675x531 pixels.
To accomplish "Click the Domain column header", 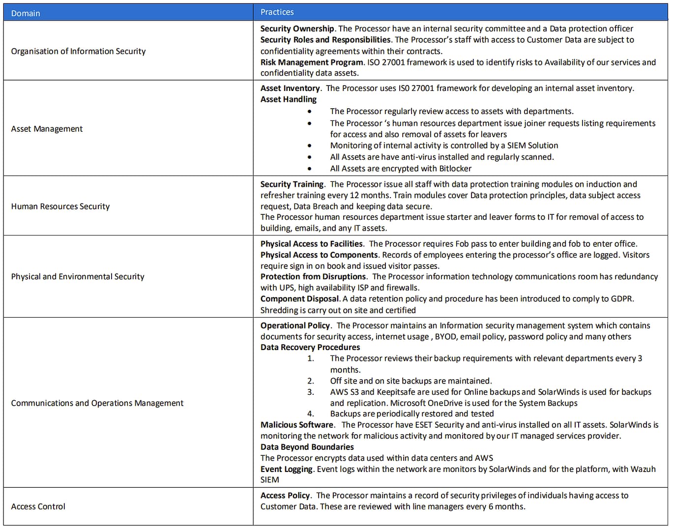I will tap(26, 13).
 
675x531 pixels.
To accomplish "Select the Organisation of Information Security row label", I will tap(78, 51).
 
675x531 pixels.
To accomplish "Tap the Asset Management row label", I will tap(47, 129).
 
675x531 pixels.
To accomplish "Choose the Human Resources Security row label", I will tap(60, 206).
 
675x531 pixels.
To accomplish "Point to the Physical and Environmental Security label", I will tap(78, 276).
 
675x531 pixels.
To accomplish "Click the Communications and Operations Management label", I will tap(97, 403).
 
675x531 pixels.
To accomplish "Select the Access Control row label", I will tap(38, 506).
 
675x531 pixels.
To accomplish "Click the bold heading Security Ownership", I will tap(297, 29).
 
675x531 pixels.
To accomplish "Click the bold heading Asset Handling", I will tap(289, 99).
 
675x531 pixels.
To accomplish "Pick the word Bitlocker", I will tap(455, 169).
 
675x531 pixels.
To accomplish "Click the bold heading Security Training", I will tap(292, 184).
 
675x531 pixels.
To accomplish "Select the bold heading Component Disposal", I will tap(299, 299).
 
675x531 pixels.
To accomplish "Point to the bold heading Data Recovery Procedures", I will tap(310, 347).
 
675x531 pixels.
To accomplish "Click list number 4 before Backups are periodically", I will tap(310, 414).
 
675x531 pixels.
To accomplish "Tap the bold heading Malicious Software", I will tap(297, 425).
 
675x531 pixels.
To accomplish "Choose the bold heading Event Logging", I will tap(287, 469).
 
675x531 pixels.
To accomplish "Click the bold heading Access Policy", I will tap(285, 496).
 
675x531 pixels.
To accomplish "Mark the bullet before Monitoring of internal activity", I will tap(309, 146).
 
